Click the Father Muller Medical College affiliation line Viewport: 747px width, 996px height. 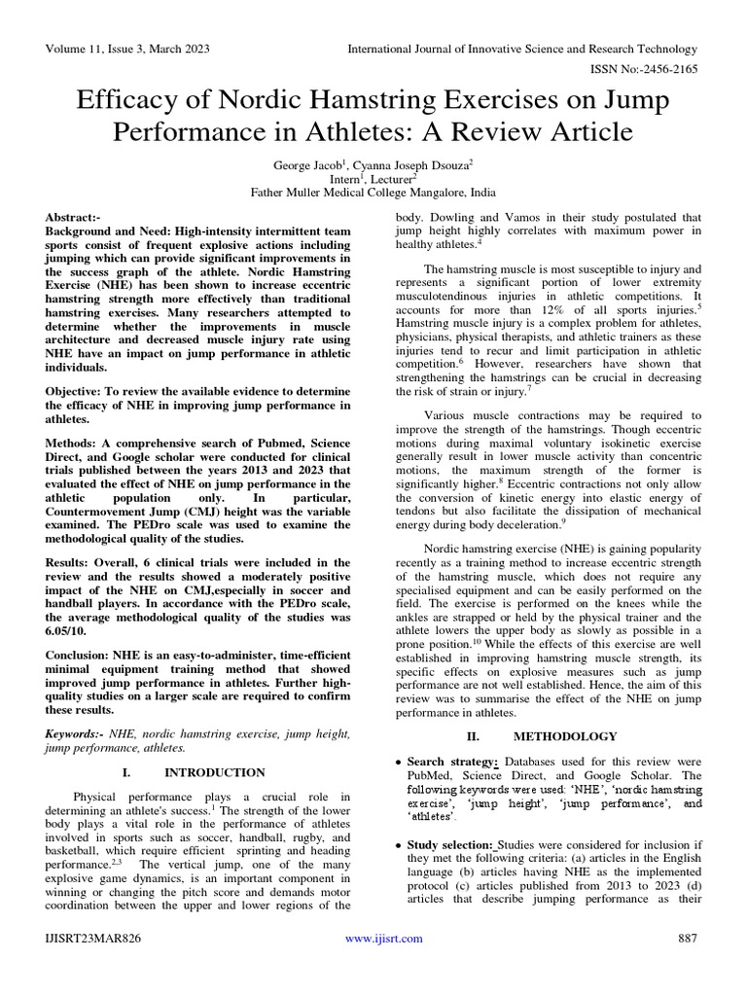click(373, 193)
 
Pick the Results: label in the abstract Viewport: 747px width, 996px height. click(74, 562)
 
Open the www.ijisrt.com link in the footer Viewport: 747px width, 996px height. click(384, 939)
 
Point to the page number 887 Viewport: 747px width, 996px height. click(688, 939)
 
